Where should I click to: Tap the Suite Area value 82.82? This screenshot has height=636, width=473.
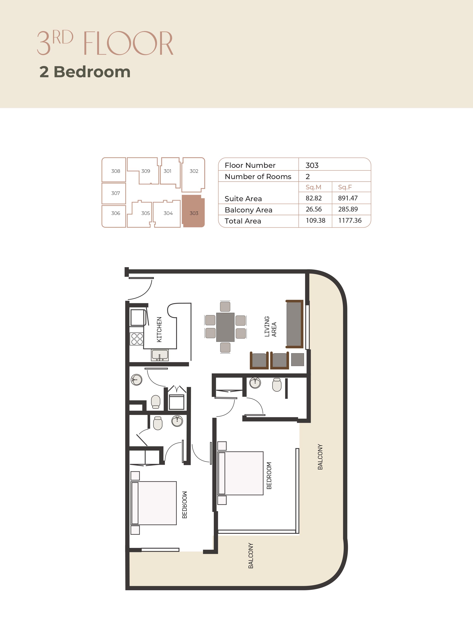(x=314, y=198)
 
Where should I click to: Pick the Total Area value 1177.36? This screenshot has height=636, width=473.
(x=350, y=220)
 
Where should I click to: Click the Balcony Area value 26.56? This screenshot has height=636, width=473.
(x=314, y=209)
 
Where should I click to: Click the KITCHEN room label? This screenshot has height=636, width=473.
(x=159, y=330)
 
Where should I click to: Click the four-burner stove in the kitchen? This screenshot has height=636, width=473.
(x=137, y=339)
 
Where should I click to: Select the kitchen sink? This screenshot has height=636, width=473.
(x=160, y=355)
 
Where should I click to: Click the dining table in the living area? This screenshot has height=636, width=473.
(x=225, y=327)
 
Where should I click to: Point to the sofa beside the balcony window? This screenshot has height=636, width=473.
(x=294, y=324)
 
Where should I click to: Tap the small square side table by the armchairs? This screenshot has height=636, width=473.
(x=298, y=359)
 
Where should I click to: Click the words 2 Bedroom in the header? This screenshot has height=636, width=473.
(x=85, y=72)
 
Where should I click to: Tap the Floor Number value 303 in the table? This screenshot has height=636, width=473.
(x=312, y=166)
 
